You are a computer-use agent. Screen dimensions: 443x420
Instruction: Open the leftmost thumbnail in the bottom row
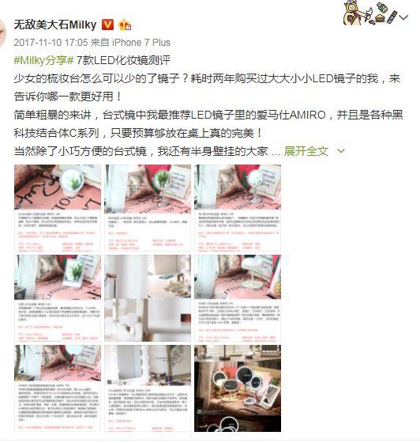[58, 388]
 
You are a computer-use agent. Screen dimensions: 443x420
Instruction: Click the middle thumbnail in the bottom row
[147, 388]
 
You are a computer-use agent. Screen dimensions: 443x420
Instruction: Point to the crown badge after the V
[125, 25]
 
